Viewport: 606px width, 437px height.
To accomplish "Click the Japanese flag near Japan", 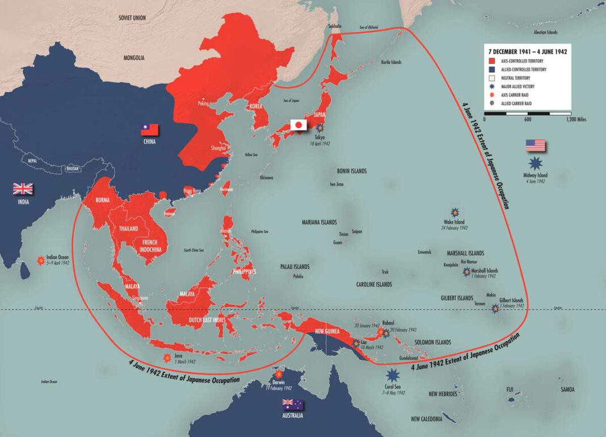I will tap(298, 125).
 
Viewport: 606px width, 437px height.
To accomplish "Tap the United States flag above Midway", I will tap(535, 146).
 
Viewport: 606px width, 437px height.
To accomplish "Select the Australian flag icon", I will tap(293, 404).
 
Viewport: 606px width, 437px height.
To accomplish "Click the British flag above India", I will tap(23, 189).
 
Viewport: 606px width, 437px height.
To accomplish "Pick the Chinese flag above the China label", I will tap(150, 129).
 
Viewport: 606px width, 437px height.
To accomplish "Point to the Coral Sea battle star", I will tap(392, 375).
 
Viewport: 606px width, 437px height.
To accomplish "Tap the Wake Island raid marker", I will tap(455, 212).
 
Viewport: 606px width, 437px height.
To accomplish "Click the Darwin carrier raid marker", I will tap(278, 375).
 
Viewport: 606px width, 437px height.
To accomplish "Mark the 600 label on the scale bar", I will tap(528, 120).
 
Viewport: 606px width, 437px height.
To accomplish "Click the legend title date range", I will tap(527, 51).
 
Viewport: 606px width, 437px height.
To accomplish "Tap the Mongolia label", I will tap(134, 58).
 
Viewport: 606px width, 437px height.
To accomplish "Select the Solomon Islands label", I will tap(433, 342).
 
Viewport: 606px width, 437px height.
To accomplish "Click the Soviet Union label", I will tap(132, 18).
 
